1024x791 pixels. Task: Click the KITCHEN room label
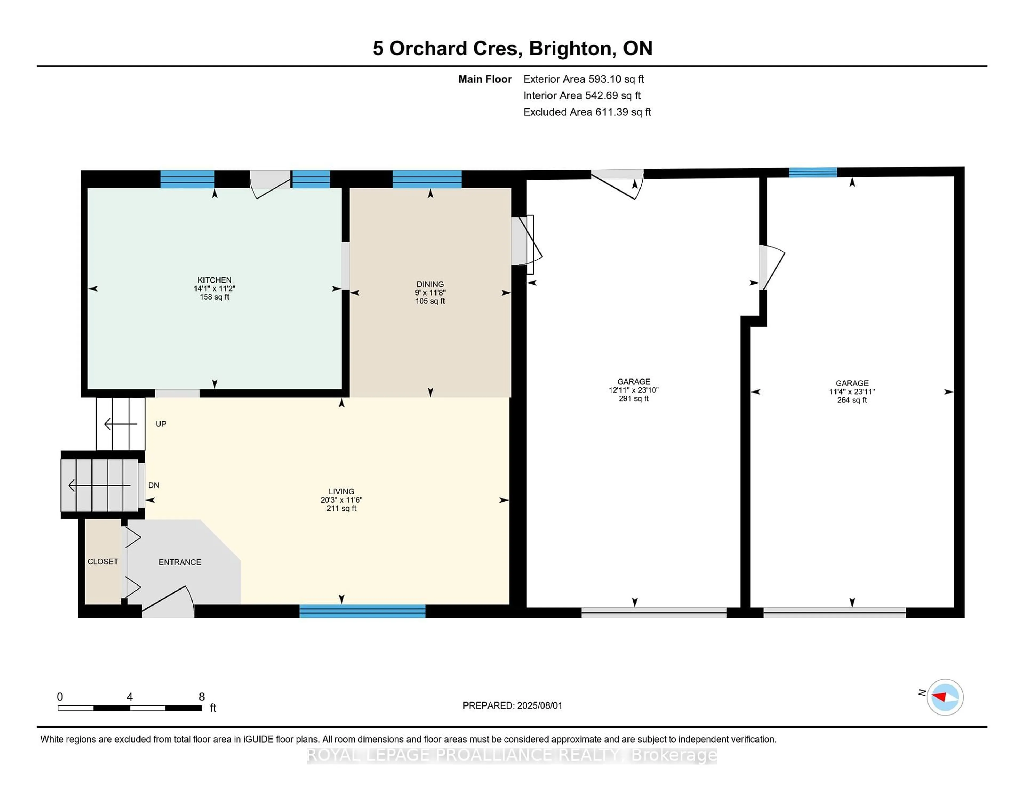214,280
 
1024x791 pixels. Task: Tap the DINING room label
430,284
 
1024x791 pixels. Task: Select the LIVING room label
341,491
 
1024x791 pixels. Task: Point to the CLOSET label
103,561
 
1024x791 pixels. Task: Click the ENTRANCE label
179,562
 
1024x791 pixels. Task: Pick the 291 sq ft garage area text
633,399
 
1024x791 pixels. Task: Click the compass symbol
945,697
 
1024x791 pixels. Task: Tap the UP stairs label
161,424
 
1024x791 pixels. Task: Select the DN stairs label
154,486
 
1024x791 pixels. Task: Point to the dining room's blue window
427,179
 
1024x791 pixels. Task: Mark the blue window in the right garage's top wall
813,172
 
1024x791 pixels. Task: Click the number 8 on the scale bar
202,697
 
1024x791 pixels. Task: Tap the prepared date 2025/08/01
539,706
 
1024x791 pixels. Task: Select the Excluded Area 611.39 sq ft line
587,112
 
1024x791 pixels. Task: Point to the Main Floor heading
485,79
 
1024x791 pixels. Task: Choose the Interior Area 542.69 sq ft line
582,96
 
